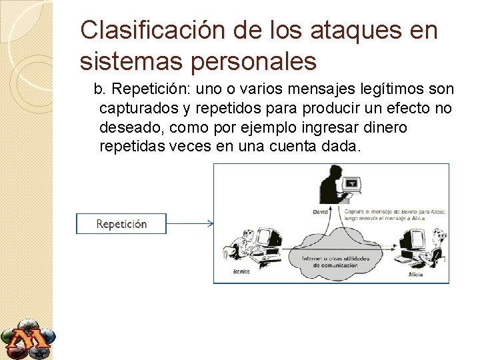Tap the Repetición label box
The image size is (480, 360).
coord(121,224)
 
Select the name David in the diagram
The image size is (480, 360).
coord(321,212)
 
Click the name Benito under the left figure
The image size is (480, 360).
coord(242,272)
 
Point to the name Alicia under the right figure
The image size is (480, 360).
coord(417,274)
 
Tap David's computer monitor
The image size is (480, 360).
coord(352,183)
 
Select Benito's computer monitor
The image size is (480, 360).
coord(268,238)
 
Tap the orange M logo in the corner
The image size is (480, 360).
coord(27,339)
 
